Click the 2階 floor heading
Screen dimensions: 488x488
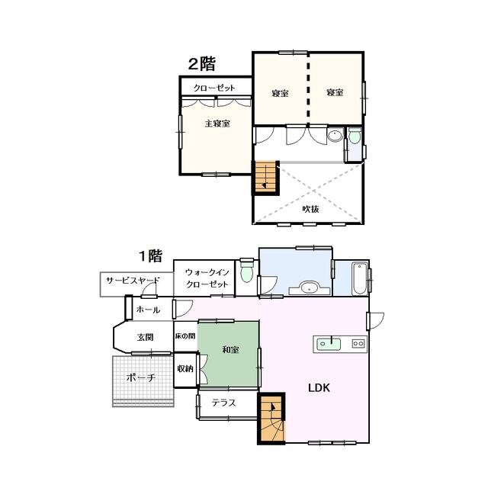201,64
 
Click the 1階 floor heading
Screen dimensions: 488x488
150,256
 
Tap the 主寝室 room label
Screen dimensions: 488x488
217,124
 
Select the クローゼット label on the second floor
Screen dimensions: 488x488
214,88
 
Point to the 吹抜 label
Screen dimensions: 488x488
310,209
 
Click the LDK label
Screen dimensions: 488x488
319,388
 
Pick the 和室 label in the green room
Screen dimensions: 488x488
230,349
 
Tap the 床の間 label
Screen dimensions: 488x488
185,336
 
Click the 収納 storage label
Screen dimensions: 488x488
185,369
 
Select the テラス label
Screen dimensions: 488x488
223,403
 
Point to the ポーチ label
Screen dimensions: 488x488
141,377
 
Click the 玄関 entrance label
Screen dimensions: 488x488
146,337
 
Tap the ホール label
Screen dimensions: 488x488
148,310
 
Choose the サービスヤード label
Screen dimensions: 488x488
133,281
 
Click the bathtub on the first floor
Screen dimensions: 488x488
359,278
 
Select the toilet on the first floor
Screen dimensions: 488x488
247,270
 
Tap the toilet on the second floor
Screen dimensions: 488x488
355,136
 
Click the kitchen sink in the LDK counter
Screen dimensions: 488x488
329,344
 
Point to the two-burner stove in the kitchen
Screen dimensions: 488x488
358,344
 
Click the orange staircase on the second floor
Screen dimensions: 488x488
266,177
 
